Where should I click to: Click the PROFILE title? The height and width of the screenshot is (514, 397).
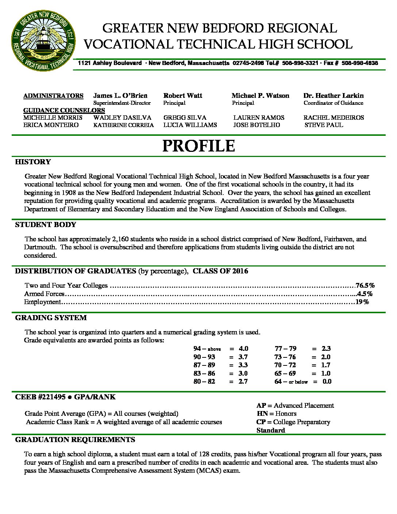pyautogui.click(x=198, y=146)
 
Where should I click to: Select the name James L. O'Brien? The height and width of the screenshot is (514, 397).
pyautogui.click(x=120, y=96)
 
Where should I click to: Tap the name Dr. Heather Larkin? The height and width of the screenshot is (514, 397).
pyautogui.click(x=333, y=96)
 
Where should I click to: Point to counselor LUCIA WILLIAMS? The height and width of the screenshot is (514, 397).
pyautogui.click(x=190, y=125)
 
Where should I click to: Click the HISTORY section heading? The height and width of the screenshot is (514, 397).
pyautogui.click(x=33, y=162)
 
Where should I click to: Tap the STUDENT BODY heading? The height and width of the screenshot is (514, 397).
pyautogui.click(x=46, y=225)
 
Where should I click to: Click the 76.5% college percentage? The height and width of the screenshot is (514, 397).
pyautogui.click(x=365, y=285)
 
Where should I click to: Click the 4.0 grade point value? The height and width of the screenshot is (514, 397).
pyautogui.click(x=243, y=349)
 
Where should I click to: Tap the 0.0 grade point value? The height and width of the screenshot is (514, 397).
pyautogui.click(x=327, y=381)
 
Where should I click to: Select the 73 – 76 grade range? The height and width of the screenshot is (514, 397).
pyautogui.click(x=285, y=357)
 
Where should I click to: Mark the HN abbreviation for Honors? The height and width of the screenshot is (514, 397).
pyautogui.click(x=262, y=414)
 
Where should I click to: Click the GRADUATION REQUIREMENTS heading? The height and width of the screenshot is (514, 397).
pyautogui.click(x=75, y=440)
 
